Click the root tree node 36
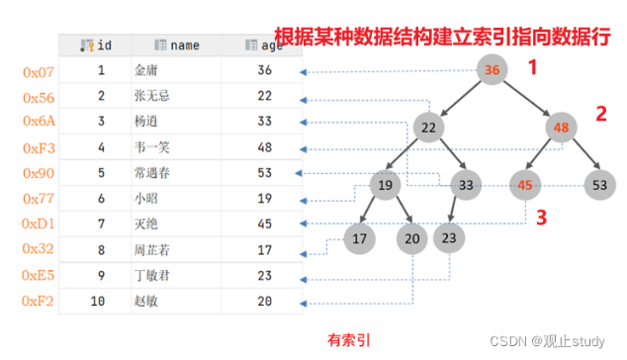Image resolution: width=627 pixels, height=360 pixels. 492,69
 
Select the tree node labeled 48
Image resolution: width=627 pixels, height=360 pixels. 561,128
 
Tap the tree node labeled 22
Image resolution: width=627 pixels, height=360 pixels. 428,128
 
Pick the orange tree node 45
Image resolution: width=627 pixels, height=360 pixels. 525,185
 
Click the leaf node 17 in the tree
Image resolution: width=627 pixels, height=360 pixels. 359,238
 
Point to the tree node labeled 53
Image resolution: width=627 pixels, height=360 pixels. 599,185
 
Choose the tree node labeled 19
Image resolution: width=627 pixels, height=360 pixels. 385,185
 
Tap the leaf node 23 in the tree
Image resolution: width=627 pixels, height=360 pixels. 449,238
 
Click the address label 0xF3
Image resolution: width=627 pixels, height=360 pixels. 39,148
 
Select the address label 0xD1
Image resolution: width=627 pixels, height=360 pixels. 38,224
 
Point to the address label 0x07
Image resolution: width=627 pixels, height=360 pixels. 39,72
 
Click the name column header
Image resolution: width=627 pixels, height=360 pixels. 177,45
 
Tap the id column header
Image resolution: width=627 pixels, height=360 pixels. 96,45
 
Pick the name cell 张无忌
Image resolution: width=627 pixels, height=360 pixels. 152,96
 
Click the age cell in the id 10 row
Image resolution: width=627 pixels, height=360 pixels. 264,301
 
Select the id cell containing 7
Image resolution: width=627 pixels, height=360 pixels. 101,224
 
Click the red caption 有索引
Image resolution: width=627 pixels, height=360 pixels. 349,340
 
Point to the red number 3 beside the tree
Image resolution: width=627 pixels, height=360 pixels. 541,218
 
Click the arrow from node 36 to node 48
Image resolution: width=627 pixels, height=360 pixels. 527,98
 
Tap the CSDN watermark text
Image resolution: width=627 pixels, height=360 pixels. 548,341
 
